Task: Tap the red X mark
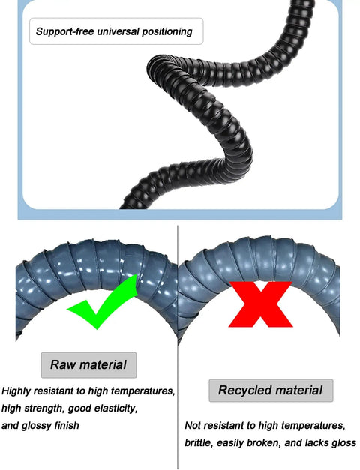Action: click(x=260, y=304)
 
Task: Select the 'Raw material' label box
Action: click(x=88, y=365)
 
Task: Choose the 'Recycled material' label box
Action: click(x=271, y=391)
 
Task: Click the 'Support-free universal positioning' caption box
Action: click(x=116, y=31)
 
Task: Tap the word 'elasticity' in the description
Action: click(x=115, y=409)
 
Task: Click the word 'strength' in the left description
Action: click(x=45, y=409)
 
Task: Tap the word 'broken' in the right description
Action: click(x=264, y=443)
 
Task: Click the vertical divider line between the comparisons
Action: click(x=178, y=347)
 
